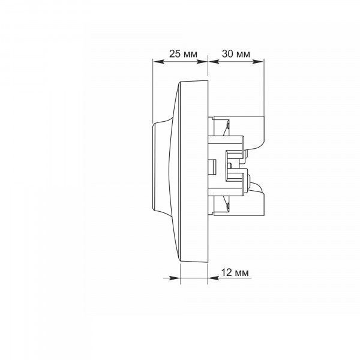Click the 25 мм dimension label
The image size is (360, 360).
pos(183,54)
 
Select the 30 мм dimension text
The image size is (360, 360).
pos(236,54)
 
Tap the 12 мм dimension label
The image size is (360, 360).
pos(235,272)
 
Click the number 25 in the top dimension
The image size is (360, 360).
pos(175,54)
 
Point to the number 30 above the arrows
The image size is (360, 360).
pos(227,54)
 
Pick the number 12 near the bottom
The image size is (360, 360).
pos(226,272)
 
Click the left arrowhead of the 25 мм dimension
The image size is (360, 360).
pos(158,62)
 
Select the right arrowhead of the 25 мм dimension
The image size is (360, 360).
pos(202,62)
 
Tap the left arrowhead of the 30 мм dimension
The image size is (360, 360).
pos(214,62)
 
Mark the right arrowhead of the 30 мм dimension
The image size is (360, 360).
pos(258,62)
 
